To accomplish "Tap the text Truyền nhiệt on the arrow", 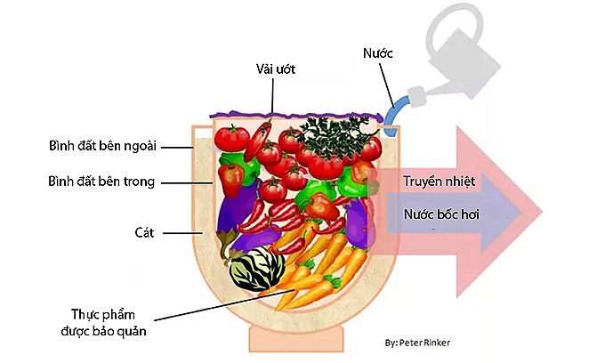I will (x=440, y=181).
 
